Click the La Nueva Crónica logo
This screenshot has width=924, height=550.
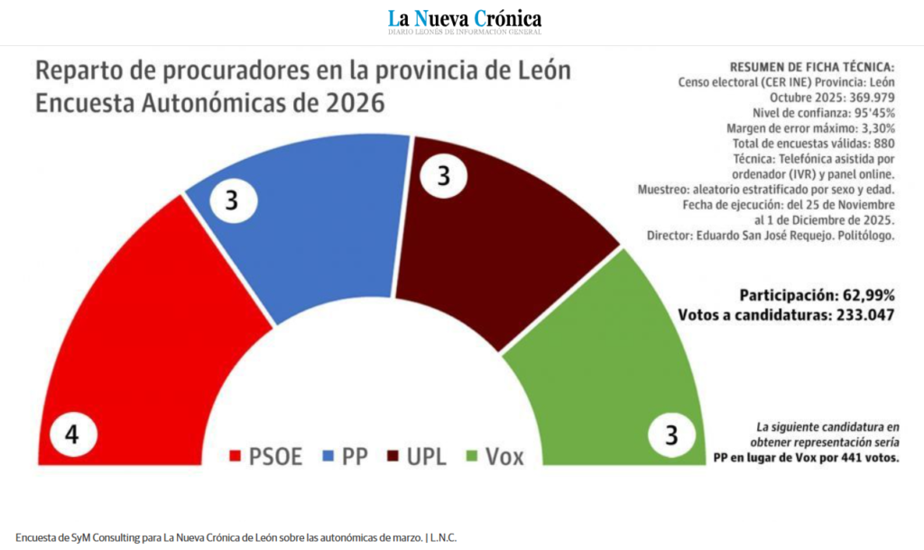tap(465, 20)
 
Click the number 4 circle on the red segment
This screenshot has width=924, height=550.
tap(70, 435)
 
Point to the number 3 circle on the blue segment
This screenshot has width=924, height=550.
tap(231, 200)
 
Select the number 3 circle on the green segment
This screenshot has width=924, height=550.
tap(670, 436)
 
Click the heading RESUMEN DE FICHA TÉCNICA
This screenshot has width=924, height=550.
tap(810, 68)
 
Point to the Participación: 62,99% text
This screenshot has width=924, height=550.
tap(817, 295)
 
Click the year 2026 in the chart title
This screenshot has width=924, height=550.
tap(346, 103)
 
